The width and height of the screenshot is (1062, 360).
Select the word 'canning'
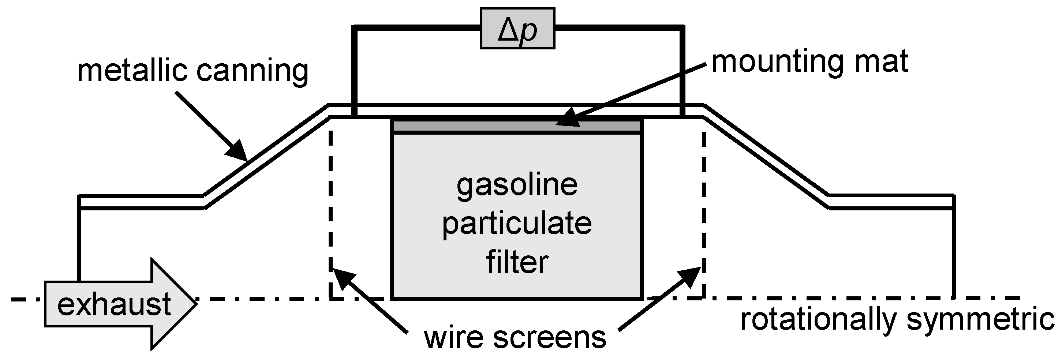(252, 71)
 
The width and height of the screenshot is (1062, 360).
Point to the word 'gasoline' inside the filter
(517, 185)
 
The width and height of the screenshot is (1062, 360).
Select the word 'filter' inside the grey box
(517, 262)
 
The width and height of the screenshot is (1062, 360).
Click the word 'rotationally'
(818, 320)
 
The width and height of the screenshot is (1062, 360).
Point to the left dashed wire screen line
(330, 206)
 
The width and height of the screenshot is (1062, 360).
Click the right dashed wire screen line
(703, 206)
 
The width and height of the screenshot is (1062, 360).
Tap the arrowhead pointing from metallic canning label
(237, 150)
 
